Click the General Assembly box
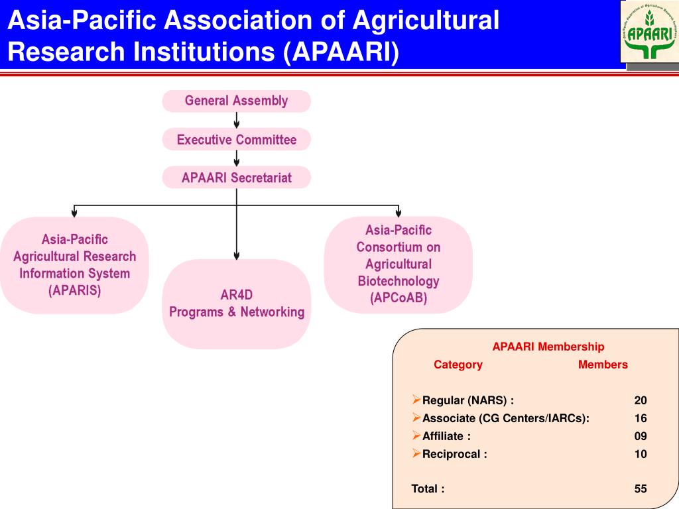236,101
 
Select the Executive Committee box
236,140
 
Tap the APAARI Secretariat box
236,178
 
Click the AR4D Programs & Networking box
236,304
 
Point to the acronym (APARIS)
75,290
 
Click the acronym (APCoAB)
398,298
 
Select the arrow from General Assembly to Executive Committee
237,121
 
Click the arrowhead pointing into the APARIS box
74,213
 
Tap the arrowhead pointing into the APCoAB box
398,213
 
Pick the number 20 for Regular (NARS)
640,400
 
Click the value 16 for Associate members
640,418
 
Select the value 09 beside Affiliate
640,436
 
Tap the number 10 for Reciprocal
640,454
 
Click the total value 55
640,489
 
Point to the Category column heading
458,365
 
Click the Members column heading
602,365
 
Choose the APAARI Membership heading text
548,347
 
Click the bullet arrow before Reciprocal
416,453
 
